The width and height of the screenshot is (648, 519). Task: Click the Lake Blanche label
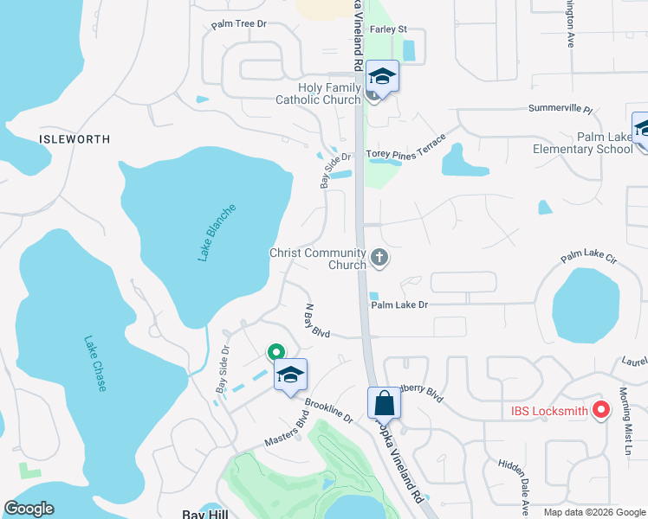tap(216, 233)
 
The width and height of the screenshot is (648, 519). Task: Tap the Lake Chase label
tap(95, 363)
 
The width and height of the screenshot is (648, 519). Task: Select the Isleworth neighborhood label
tap(75, 138)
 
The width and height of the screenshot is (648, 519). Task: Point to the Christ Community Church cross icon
tap(379, 257)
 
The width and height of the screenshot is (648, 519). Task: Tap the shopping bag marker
tap(384, 402)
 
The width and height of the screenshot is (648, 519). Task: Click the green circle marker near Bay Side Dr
tap(275, 352)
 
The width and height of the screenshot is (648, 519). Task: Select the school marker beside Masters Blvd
tap(290, 374)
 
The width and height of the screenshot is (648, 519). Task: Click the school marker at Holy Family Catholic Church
tap(382, 76)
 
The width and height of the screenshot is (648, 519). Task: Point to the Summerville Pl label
tap(560, 111)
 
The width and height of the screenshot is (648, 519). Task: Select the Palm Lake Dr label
tap(399, 304)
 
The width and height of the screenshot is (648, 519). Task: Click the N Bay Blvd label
tap(317, 320)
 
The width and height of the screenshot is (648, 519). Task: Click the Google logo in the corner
tap(29, 509)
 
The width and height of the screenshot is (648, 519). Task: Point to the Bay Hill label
tap(204, 513)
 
